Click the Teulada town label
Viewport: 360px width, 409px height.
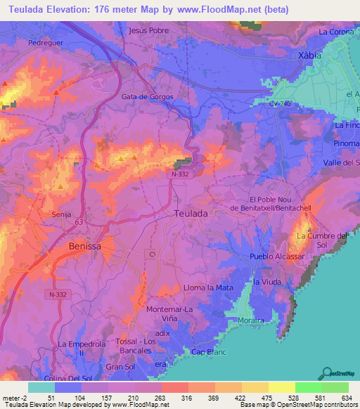[191, 213]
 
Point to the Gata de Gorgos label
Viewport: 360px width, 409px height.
[148, 97]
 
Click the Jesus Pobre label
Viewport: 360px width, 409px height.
[150, 31]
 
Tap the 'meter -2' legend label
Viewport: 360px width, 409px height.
[14, 398]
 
